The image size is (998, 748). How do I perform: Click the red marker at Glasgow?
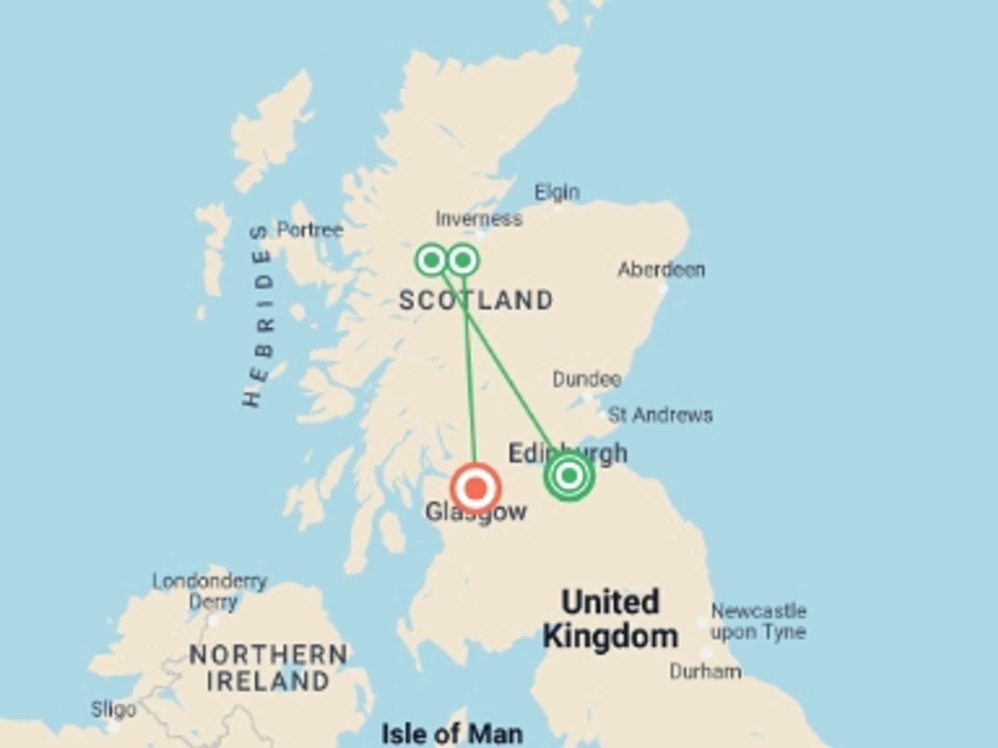pyautogui.click(x=475, y=488)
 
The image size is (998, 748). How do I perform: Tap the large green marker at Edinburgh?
pyautogui.click(x=569, y=475)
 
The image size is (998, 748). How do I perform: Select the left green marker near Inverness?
pyautogui.click(x=431, y=259)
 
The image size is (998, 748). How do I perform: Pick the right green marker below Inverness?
pyautogui.click(x=463, y=260)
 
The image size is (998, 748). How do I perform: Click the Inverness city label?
pyautogui.click(x=479, y=219)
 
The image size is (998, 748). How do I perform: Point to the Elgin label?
pyautogui.click(x=557, y=193)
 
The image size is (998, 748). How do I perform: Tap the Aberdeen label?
pyautogui.click(x=661, y=270)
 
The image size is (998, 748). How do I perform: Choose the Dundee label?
pyautogui.click(x=587, y=379)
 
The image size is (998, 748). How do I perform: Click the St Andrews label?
pyautogui.click(x=660, y=415)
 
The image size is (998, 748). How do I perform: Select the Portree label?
pyautogui.click(x=310, y=230)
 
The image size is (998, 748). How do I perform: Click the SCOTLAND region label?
pyautogui.click(x=476, y=300)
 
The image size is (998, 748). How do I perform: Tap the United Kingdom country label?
pyautogui.click(x=610, y=619)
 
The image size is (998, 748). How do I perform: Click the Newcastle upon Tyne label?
pyautogui.click(x=758, y=621)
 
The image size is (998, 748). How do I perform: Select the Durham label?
pyautogui.click(x=705, y=672)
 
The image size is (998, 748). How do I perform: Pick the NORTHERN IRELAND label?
pyautogui.click(x=268, y=668)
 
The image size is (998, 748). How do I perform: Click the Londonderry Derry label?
pyautogui.click(x=210, y=592)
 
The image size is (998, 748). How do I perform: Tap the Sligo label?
pyautogui.click(x=113, y=710)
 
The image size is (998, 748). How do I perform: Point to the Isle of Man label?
pyautogui.click(x=452, y=734)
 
